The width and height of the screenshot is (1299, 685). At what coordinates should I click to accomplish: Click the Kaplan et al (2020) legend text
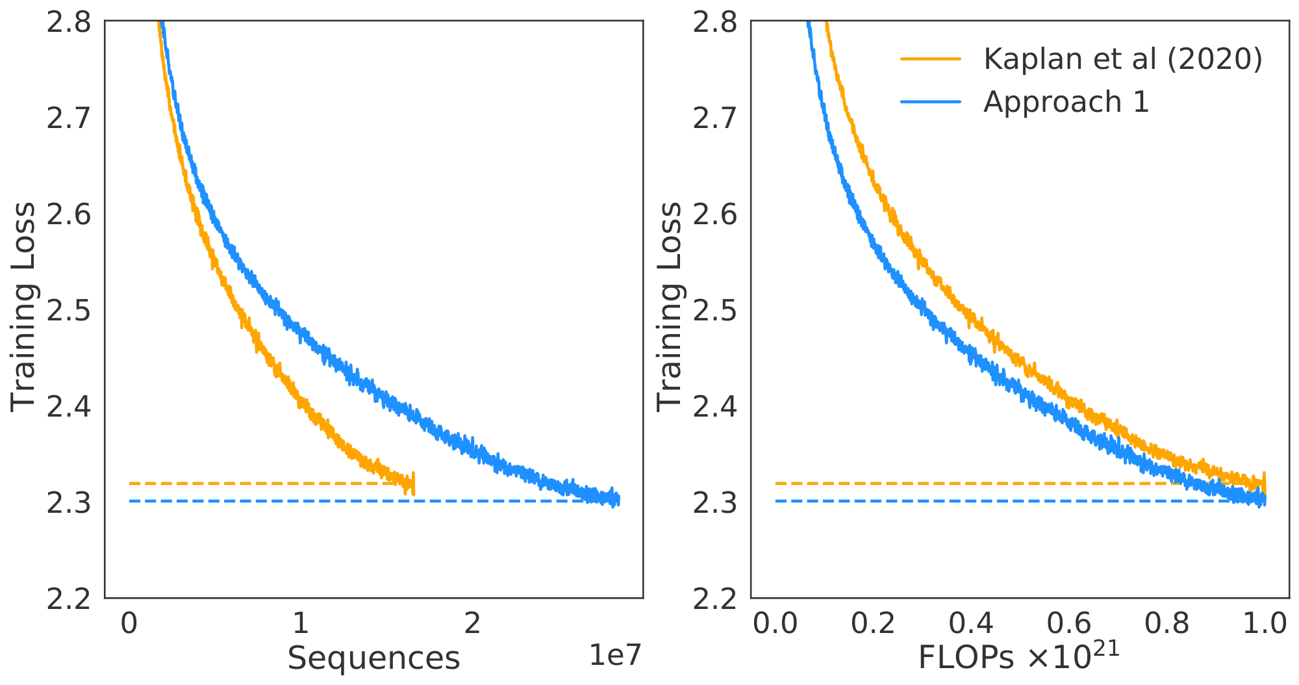tap(1122, 59)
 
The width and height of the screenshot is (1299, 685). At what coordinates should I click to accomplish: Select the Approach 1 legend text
tap(1066, 102)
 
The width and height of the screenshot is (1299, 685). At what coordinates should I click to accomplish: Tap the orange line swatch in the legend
tap(930, 58)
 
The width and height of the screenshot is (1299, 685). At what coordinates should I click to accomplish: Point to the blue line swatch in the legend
tap(930, 102)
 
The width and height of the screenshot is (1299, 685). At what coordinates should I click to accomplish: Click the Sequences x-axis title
tap(373, 658)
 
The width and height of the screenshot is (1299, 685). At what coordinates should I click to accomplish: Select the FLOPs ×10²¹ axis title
tap(1018, 657)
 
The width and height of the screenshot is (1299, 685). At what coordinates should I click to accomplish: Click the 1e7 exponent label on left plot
tap(614, 656)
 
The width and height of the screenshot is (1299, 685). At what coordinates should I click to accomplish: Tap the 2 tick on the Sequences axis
tap(472, 623)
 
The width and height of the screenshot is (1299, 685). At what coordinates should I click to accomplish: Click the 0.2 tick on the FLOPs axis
tap(873, 623)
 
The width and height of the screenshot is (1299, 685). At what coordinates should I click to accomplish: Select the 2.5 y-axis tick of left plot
tap(68, 311)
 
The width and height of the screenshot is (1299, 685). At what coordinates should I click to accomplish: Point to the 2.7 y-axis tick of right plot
tap(714, 119)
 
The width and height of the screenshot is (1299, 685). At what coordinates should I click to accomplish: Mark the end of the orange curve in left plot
tap(412, 484)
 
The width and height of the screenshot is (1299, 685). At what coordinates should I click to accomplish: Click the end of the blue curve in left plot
tap(618, 500)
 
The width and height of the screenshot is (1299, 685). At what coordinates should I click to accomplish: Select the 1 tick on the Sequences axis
tap(300, 623)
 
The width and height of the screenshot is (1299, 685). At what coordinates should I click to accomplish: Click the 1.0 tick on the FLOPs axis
tap(1264, 623)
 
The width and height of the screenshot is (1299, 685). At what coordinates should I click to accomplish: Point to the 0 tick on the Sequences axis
tap(129, 623)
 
